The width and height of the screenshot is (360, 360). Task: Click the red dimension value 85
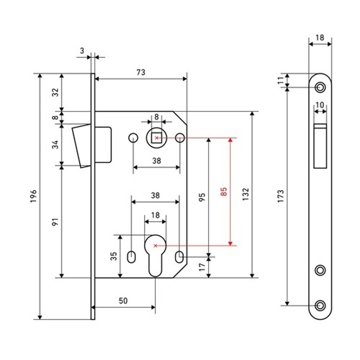pos(224,192)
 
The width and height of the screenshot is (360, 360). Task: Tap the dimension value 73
pos(141,72)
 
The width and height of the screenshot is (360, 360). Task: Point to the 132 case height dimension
pos(246,194)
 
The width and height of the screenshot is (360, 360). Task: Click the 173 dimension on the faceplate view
pos(281,196)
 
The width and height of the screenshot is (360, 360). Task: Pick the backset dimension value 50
pos(123,301)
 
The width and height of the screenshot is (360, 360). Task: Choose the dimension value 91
pos(55,222)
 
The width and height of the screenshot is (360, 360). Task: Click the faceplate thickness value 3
pos(82,51)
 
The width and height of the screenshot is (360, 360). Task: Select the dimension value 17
pos(202,267)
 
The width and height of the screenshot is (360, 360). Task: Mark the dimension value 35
pos(113,256)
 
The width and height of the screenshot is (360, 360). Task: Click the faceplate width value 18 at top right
pos(320,37)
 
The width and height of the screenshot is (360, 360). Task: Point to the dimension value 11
pos(281,80)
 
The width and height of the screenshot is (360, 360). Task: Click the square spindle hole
pos(156,138)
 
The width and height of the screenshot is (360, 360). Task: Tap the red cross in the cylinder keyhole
pos(155,246)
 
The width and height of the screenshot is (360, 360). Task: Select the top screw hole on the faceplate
pos(320,87)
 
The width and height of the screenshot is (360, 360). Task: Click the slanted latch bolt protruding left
pos(81,145)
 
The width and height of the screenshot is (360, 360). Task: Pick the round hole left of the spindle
pos(133,138)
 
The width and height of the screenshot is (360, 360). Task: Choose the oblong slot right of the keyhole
pos(179,257)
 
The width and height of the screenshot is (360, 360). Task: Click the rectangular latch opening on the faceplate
pos(320,146)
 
